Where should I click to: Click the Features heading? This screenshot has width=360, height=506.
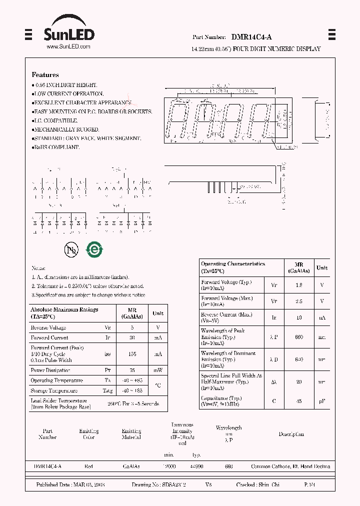pyautogui.click(x=45, y=75)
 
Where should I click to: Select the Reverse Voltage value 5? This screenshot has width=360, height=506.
pyautogui.click(x=132, y=327)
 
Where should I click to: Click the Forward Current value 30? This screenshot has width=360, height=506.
pyautogui.click(x=132, y=338)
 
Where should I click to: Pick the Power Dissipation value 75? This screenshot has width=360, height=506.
pyautogui.click(x=132, y=370)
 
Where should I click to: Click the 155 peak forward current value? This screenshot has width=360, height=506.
pyautogui.click(x=132, y=353)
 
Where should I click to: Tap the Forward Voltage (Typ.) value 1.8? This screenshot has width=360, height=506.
pyautogui.click(x=299, y=285)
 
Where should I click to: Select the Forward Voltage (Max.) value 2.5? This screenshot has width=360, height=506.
pyautogui.click(x=299, y=301)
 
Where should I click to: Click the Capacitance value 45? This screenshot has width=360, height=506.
pyautogui.click(x=299, y=401)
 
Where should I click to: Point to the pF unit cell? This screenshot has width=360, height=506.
pyautogui.click(x=322, y=401)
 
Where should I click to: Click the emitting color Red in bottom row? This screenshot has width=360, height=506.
pyautogui.click(x=88, y=466)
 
